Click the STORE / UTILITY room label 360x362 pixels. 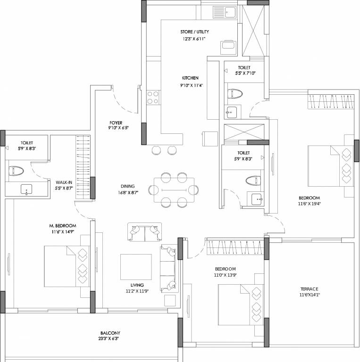pos(194,32)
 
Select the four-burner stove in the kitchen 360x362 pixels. pos(153,97)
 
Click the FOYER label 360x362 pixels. pos(116,123)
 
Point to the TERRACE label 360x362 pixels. pos(309,289)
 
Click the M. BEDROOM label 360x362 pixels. pos(63,226)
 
